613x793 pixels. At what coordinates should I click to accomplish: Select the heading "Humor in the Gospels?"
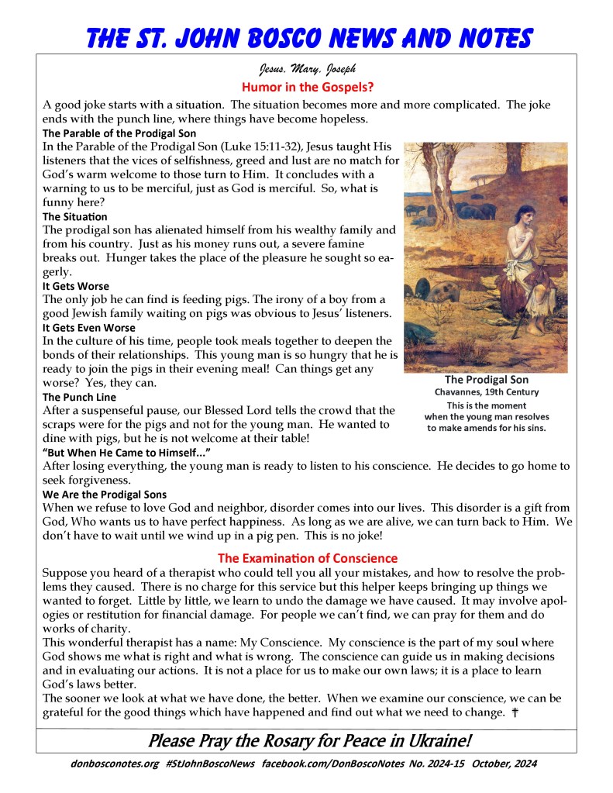(306, 88)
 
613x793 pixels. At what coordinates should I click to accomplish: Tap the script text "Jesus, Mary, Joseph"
(306, 70)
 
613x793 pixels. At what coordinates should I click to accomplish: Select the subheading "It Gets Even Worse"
(88, 328)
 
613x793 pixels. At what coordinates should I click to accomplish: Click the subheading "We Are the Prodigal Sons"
(105, 494)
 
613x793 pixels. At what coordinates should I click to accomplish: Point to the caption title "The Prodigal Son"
(487, 380)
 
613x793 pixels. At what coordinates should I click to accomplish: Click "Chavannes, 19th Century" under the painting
(487, 392)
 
